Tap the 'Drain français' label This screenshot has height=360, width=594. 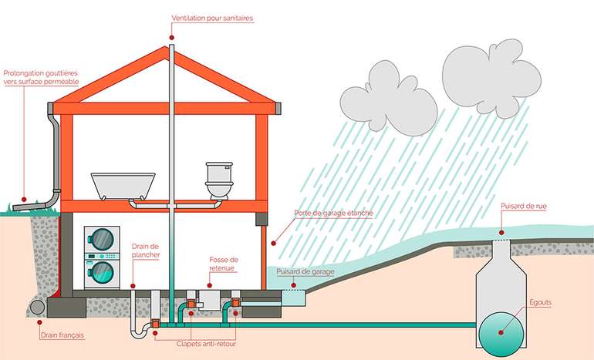pyautogui.click(x=61, y=336)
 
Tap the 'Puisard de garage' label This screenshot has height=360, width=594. pyautogui.click(x=306, y=271)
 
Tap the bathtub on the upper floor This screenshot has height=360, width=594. pyautogui.click(x=123, y=186)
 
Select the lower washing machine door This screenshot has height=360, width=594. pyautogui.click(x=101, y=271)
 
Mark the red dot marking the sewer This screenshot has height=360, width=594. pyautogui.click(x=501, y=332)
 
